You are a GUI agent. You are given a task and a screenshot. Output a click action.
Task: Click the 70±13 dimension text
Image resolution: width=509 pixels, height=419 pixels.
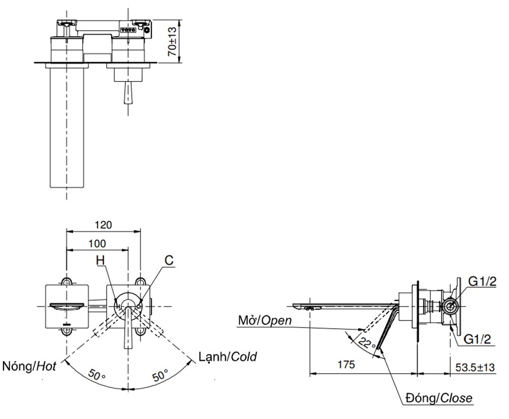pos(173,41)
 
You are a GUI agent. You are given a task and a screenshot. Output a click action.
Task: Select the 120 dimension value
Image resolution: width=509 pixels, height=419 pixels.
pos(103,225)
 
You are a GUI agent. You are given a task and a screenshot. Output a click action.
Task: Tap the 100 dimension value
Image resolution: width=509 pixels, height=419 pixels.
pos(97,243)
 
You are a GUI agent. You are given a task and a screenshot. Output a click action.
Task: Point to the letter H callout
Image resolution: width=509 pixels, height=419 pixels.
pos(101,260)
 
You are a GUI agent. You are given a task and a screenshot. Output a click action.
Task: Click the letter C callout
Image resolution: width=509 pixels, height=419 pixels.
pos(168,260)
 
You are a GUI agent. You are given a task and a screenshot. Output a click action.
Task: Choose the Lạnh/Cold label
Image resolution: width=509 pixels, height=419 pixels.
pos(228,356)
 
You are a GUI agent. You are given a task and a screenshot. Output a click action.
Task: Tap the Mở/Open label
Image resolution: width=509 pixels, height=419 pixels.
pos(265,320)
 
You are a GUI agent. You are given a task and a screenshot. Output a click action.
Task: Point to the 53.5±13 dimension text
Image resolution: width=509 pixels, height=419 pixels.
pos(475,367)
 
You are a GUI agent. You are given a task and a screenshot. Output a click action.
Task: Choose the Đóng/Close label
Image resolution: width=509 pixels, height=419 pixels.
pos(439,398)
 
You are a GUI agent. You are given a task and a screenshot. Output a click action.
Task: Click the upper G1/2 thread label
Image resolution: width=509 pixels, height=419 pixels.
pos(482,282)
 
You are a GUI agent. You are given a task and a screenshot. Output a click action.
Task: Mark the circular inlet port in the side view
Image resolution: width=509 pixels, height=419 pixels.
pos(449,305)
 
